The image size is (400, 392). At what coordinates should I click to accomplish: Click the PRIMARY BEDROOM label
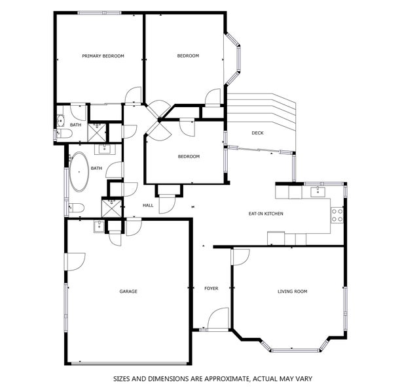[x=103, y=56]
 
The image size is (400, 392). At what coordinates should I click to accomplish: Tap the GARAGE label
[x=128, y=291]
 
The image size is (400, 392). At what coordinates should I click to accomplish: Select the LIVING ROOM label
[x=293, y=291]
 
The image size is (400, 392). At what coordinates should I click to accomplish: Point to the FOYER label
[x=211, y=288]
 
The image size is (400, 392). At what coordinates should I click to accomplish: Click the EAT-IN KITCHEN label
[x=266, y=214]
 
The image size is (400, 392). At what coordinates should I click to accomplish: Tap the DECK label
[x=257, y=133]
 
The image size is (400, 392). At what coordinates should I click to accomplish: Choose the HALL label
[x=148, y=205]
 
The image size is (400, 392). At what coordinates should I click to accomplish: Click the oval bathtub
[x=79, y=172]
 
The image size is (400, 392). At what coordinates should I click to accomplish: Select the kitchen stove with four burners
[x=337, y=216]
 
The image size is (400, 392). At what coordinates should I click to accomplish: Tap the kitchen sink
[x=318, y=191]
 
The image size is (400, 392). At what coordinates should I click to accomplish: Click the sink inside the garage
[x=99, y=227]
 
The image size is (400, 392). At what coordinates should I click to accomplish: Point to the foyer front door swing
[x=219, y=318]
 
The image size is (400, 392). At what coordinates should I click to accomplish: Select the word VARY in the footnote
[x=304, y=379]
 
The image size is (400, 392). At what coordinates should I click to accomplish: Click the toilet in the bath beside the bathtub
[x=77, y=208]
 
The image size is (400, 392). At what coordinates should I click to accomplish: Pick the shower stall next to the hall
[x=112, y=208]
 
